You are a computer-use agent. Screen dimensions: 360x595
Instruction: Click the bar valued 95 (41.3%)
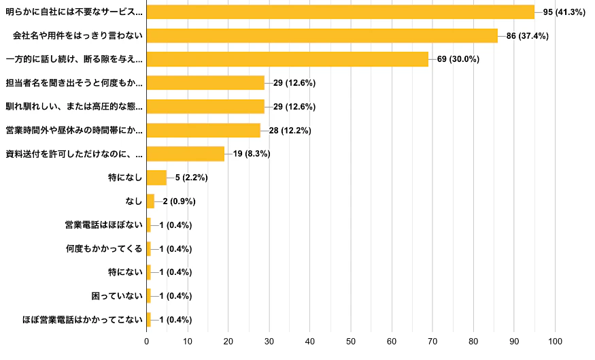click(x=340, y=12)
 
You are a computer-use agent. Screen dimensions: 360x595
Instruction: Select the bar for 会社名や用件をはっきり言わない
click(x=322, y=35)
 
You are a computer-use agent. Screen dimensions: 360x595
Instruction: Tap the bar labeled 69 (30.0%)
click(x=287, y=59)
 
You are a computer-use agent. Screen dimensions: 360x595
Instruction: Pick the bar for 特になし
click(x=156, y=178)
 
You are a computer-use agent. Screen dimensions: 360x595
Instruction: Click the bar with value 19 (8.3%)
click(x=185, y=154)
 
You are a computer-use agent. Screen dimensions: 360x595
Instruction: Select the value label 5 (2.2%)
click(x=191, y=178)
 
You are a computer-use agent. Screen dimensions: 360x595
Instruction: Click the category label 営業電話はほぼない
click(x=103, y=225)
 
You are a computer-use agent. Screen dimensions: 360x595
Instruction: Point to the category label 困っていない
click(x=116, y=296)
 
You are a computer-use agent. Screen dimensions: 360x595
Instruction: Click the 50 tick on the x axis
click(x=351, y=341)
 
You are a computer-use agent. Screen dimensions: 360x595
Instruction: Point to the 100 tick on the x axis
click(x=556, y=341)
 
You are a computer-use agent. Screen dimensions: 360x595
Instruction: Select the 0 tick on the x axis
click(x=147, y=341)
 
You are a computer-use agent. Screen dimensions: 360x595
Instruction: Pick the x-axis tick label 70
click(x=432, y=341)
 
